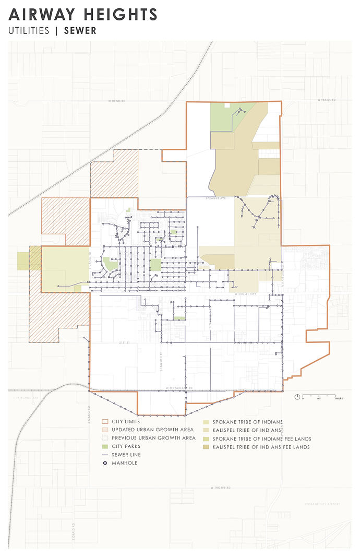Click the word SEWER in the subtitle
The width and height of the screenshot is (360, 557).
click(x=80, y=31)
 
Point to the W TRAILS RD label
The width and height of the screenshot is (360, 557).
click(x=327, y=100)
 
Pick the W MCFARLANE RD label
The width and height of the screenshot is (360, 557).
click(x=180, y=388)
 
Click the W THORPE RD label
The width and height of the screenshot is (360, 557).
click(x=220, y=488)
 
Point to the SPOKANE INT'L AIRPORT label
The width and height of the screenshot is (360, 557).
click(x=322, y=504)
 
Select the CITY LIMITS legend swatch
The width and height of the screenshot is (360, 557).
click(x=104, y=421)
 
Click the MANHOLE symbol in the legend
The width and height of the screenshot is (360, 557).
click(x=104, y=463)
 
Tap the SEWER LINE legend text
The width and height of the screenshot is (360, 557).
click(x=126, y=455)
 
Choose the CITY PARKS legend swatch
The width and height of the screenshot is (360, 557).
click(x=104, y=446)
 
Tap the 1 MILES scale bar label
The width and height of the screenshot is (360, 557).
click(x=338, y=398)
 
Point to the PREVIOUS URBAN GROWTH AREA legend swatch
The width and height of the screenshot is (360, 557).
click(x=104, y=438)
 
